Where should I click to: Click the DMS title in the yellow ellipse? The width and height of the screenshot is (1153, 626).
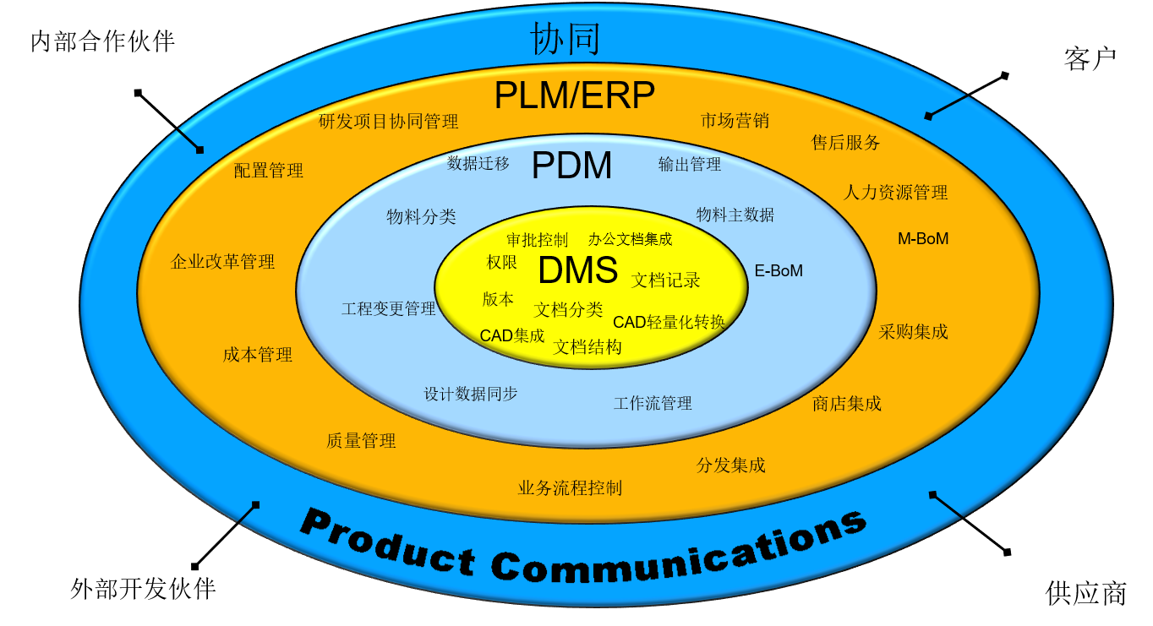[x=578, y=270]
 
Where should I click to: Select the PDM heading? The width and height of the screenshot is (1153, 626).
[x=571, y=166]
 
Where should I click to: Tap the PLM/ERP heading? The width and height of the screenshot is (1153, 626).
[x=574, y=95]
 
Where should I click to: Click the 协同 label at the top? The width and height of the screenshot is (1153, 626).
[x=565, y=39]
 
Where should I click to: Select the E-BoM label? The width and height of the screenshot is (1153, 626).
[x=779, y=271]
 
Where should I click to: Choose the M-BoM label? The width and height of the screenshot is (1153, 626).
[x=923, y=239]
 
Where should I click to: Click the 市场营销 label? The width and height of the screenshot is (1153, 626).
[x=735, y=121]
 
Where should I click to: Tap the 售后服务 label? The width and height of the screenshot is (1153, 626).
[x=845, y=143]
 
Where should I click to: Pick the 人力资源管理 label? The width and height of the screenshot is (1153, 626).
[x=895, y=193]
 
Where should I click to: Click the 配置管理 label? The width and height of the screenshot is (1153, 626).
[x=268, y=171]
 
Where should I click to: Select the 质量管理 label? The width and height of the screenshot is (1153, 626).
[x=361, y=441]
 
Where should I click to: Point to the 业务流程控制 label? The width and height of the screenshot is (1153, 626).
[x=570, y=488]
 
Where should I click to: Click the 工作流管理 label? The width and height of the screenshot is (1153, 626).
[x=653, y=404]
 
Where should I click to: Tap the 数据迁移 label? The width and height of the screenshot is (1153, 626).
[x=478, y=164]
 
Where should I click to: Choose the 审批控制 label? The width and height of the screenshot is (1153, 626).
[x=537, y=240]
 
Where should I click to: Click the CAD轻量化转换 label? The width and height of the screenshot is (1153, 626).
[x=669, y=322]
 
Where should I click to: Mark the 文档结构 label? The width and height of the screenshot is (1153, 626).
[x=587, y=347]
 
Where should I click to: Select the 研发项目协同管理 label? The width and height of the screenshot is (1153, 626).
[x=388, y=122]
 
